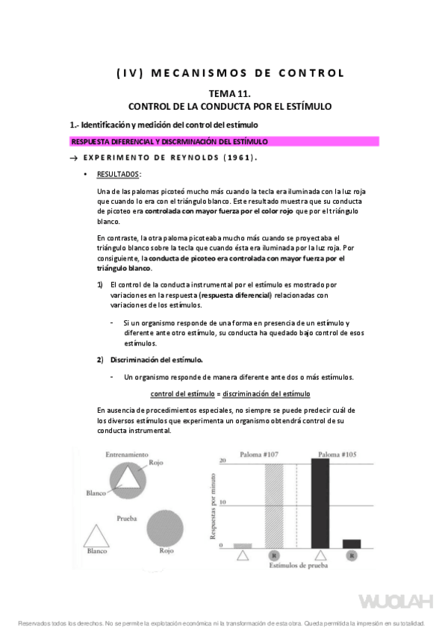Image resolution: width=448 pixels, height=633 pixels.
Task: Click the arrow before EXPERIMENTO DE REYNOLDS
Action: click(x=73, y=158)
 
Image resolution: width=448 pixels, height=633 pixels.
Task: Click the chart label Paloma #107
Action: click(x=259, y=455)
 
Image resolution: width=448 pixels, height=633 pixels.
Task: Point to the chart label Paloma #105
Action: click(x=337, y=454)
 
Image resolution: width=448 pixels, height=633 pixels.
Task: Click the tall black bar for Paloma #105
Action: click(x=320, y=503)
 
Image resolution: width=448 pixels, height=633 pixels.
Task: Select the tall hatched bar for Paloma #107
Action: click(x=275, y=507)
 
